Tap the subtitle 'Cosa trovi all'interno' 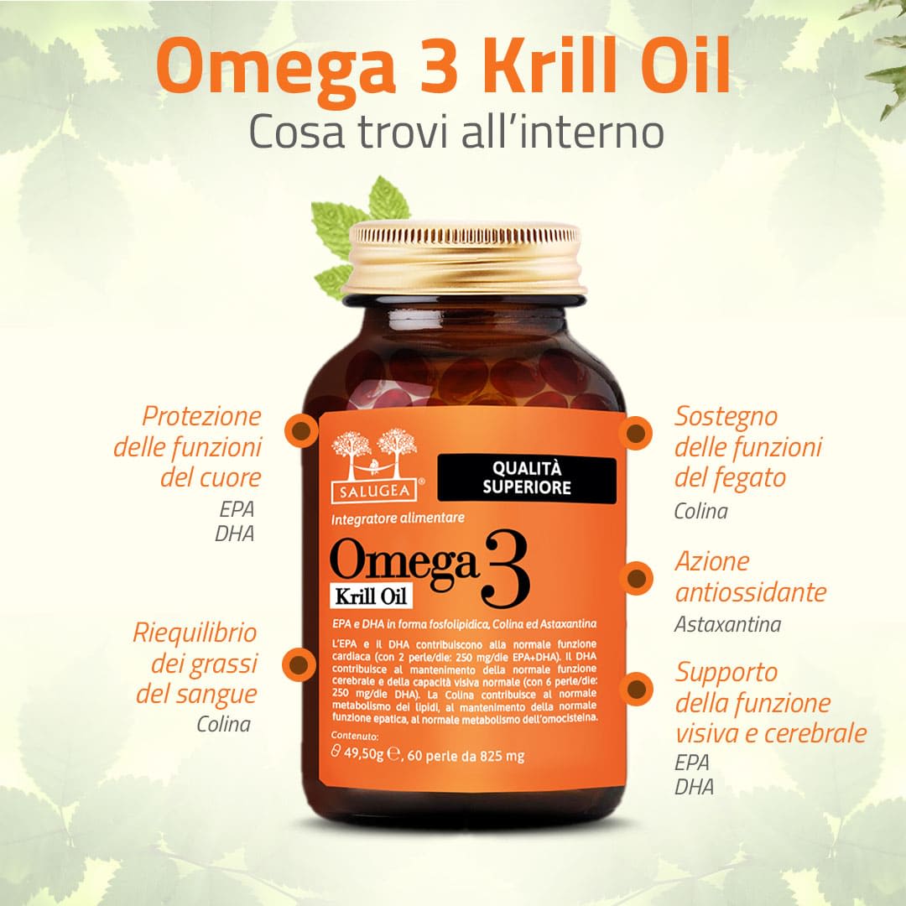coord(457,132)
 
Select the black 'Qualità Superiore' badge coord(528,476)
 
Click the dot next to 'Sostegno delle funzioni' coord(635,433)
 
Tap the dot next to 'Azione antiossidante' coord(636,578)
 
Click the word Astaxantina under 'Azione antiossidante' coord(727,625)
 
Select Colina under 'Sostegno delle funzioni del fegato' coord(701,511)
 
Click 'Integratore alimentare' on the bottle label coord(398,519)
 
